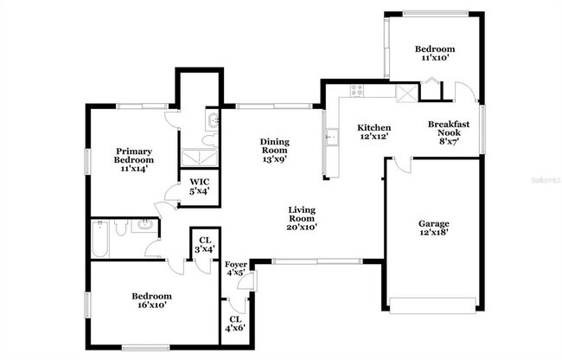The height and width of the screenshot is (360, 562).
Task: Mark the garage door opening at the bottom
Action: (432, 304)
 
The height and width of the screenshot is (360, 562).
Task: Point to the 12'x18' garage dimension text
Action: (434, 234)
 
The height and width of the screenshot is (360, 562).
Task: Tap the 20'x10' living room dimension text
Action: (303, 227)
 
